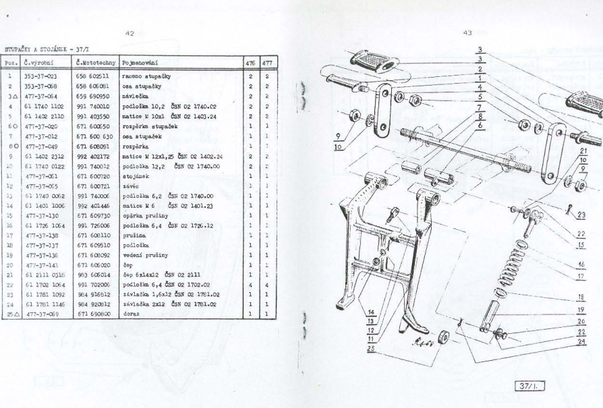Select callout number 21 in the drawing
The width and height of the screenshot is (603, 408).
pos(584,152)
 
